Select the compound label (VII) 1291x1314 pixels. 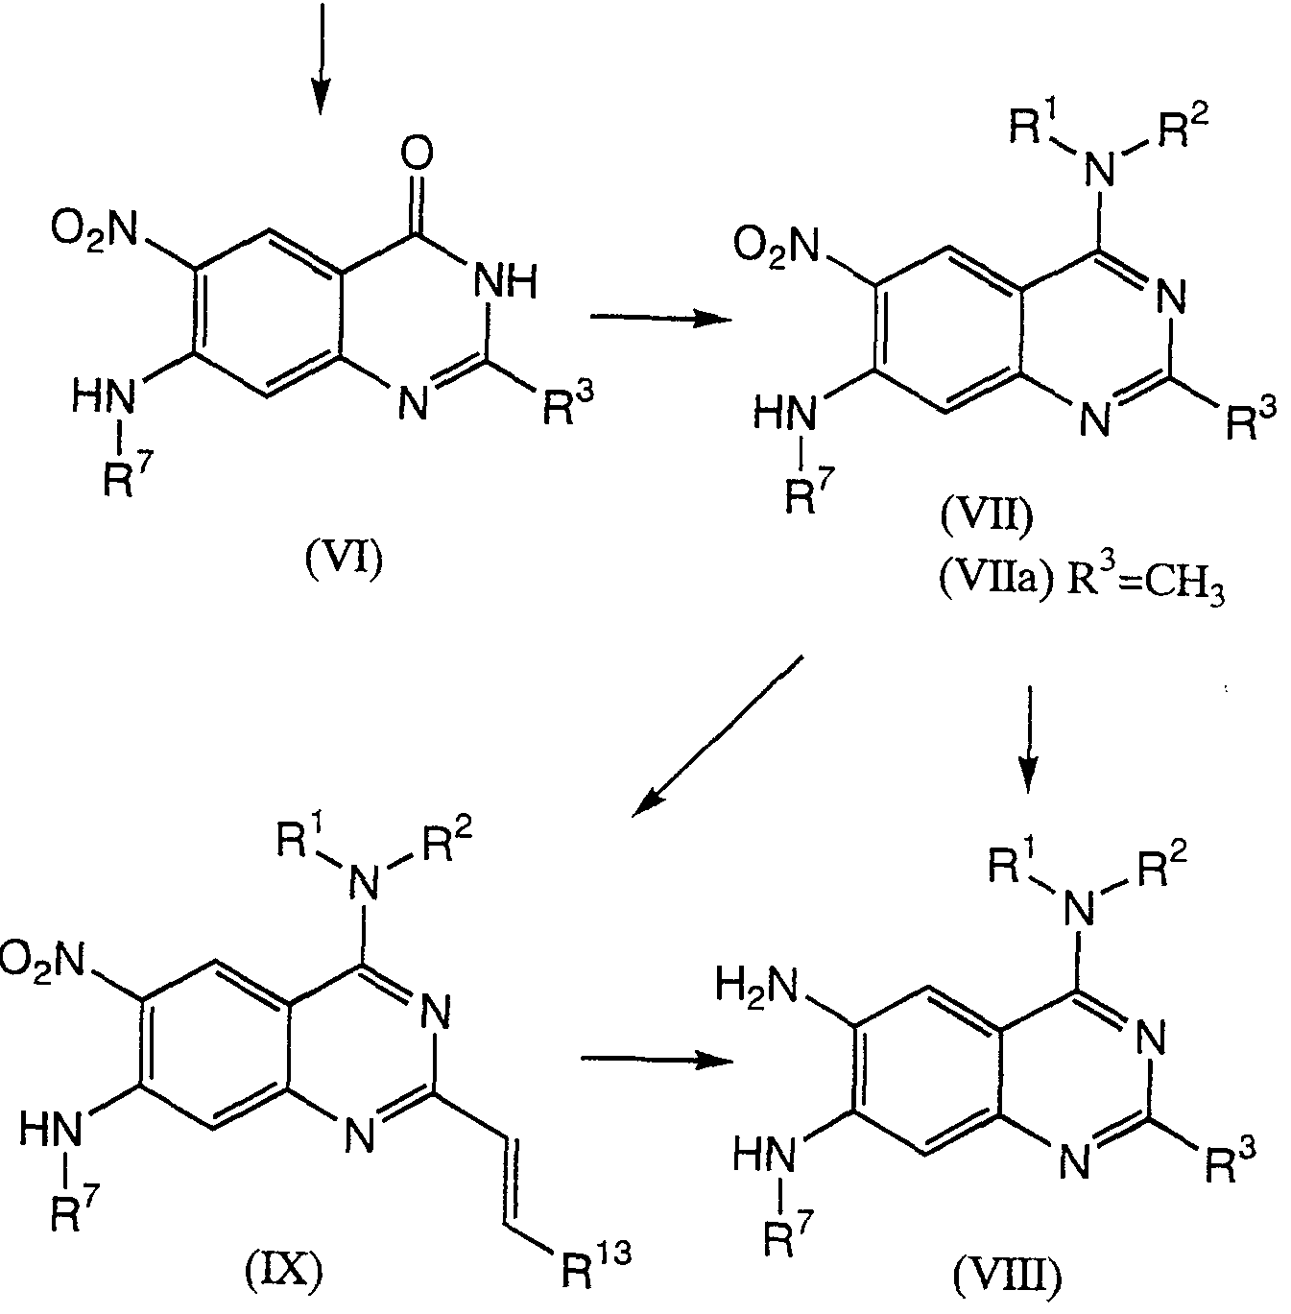coord(987,516)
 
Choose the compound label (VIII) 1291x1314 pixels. coord(1007,1279)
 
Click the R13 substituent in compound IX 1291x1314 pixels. coord(596,1263)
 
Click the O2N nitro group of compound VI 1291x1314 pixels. coord(94,229)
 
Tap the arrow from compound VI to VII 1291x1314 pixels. coord(659,318)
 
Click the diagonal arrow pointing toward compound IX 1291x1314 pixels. coord(717,736)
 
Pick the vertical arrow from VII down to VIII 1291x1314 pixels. coord(1029,739)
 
